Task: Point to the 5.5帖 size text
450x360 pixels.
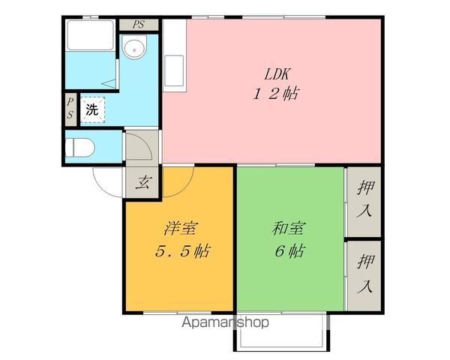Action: (181, 251)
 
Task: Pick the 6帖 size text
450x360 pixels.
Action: (289, 251)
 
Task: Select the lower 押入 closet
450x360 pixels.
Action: (364, 274)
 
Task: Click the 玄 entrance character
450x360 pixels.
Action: (142, 183)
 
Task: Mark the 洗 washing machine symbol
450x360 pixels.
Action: (91, 110)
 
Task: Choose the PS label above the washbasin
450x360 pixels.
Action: (139, 24)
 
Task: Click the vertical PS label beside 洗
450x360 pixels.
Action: (69, 109)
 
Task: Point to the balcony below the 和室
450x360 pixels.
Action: (281, 331)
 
